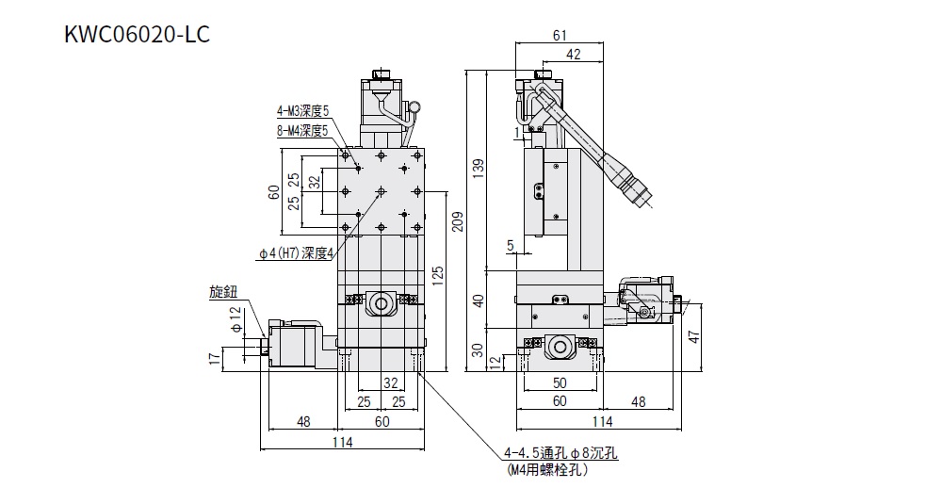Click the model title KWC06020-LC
pos(137,35)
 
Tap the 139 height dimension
pos(479,167)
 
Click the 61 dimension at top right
pos(560,36)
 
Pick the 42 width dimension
pos(573,55)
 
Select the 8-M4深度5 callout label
pos(302,130)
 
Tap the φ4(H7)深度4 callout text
pos(296,252)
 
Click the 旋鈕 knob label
pos(223,293)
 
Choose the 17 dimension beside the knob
pos(216,359)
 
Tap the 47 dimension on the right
pos(694,335)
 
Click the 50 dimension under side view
pos(559,383)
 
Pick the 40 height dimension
pos(478,301)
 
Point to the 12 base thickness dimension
pos(496,364)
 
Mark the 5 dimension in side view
pos(510,246)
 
